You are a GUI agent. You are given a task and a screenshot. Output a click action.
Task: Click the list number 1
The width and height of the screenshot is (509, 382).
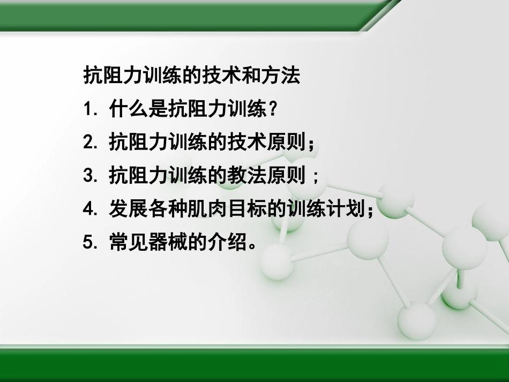[88, 110]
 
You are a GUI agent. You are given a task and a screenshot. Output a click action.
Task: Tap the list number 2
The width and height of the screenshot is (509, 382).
[89, 143]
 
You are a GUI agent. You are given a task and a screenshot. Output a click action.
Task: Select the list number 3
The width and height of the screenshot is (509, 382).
[89, 176]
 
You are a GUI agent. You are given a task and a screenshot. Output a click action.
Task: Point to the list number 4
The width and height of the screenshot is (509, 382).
[89, 209]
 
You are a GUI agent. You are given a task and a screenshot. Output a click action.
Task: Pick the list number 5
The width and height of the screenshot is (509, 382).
[89, 242]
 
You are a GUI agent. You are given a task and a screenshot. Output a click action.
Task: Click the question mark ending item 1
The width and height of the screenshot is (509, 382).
[273, 110]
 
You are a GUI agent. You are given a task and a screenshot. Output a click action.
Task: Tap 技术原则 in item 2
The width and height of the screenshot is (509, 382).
[268, 143]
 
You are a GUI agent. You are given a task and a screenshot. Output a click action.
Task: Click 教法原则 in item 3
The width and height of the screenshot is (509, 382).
[268, 176]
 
